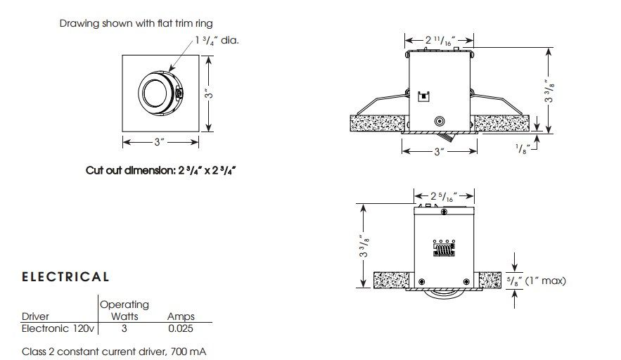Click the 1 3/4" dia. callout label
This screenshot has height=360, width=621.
217,40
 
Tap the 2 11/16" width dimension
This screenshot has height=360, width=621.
440,40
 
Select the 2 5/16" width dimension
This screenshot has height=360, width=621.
444,196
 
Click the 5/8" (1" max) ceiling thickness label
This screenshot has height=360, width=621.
537,281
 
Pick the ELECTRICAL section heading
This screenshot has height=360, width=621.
65,277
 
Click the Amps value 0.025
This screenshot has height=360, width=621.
181,328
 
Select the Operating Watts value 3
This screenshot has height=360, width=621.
124,328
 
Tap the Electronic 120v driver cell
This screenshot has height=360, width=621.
58,328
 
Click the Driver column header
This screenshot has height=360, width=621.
35,316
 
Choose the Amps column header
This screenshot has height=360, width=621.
181,316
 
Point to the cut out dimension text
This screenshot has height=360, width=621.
161,171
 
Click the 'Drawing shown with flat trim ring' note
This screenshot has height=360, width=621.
136,23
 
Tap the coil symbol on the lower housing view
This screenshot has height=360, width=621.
444,249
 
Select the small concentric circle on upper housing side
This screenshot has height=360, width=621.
440,121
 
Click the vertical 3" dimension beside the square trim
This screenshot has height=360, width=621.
209,94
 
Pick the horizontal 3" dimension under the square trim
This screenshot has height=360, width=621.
160,142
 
